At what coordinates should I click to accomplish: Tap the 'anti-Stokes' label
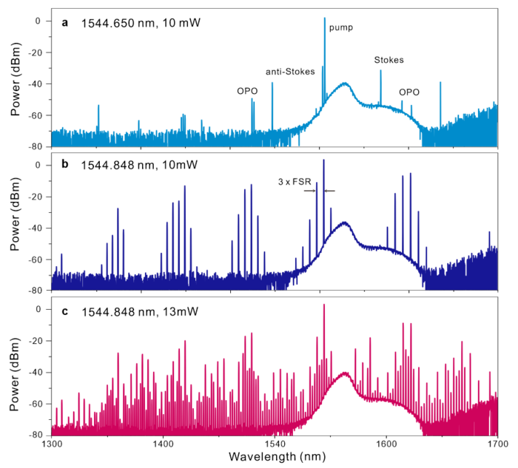pyautogui.click(x=290, y=72)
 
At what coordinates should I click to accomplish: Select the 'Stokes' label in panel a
pyautogui.click(x=388, y=60)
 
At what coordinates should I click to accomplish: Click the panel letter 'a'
pyautogui.click(x=65, y=22)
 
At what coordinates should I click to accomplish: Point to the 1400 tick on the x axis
pyautogui.click(x=163, y=444)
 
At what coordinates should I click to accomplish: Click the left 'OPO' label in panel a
pyautogui.click(x=246, y=92)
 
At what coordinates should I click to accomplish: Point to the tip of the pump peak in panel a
pyautogui.click(x=324, y=18)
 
